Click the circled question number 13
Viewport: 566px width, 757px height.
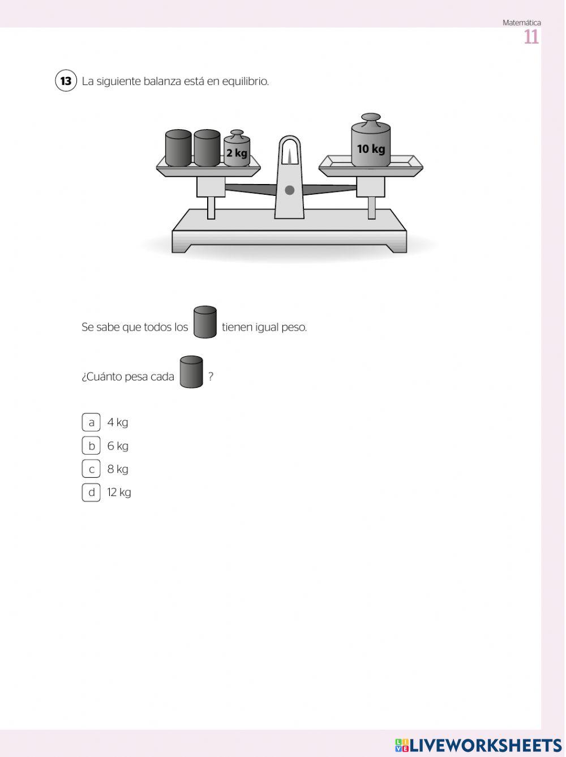(x=66, y=81)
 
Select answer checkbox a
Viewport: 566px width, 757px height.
(x=91, y=422)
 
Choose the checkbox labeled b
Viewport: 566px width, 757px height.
(x=91, y=446)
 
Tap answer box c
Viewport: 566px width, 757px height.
(x=91, y=469)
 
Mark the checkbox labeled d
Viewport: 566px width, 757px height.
(x=91, y=492)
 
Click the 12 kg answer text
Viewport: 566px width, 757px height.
(x=119, y=493)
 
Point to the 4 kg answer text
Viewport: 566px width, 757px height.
(x=118, y=422)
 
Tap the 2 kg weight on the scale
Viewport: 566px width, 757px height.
(x=237, y=149)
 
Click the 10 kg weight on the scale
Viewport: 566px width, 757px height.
(x=371, y=140)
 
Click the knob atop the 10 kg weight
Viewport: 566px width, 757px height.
(x=371, y=118)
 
